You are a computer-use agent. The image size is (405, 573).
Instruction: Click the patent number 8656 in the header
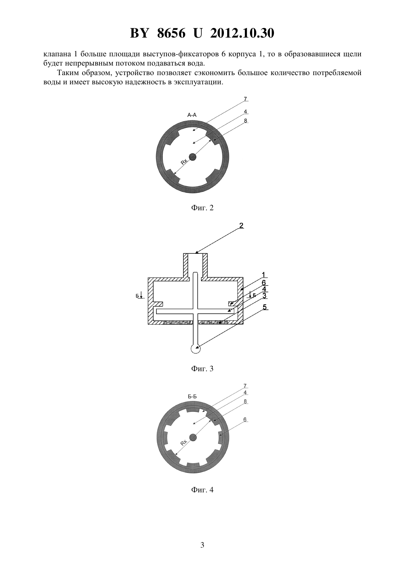pos(171,33)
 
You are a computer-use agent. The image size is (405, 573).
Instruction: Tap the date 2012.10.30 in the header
pos(242,33)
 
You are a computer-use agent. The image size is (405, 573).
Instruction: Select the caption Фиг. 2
pos(202,208)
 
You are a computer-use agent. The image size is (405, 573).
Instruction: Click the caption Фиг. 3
pos(202,369)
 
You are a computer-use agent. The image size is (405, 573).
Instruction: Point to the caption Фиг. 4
pos(202,490)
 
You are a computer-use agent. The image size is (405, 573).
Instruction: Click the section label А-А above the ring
pos(192,115)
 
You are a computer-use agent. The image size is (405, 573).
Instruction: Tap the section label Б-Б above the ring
pos(192,397)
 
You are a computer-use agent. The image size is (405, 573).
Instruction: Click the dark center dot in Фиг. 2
pos(193,157)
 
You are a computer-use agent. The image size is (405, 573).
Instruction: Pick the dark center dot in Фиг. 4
pos(193,438)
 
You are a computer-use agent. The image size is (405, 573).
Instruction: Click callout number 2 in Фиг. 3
pos(241,225)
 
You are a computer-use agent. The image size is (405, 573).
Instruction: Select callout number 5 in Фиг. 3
pos(265,307)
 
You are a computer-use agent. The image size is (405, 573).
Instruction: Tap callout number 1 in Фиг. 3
pos(264,275)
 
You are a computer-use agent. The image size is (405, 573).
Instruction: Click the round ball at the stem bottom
pos(196,349)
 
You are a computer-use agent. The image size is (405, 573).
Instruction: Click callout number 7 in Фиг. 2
pos(245,99)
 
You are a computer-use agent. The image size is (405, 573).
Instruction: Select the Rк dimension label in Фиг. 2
pos(184,162)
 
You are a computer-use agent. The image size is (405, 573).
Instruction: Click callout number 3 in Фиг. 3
pos(265,296)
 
